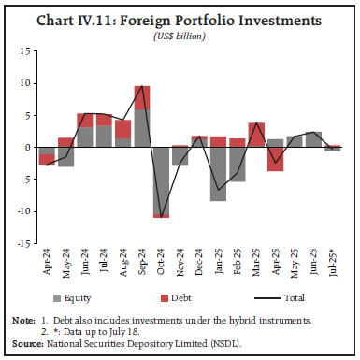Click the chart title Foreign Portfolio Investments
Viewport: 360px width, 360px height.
[x=180, y=18]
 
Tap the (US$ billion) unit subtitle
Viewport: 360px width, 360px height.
[x=180, y=35]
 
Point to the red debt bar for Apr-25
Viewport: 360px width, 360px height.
[x=275, y=158]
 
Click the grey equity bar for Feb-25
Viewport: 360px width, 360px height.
[x=238, y=164]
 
